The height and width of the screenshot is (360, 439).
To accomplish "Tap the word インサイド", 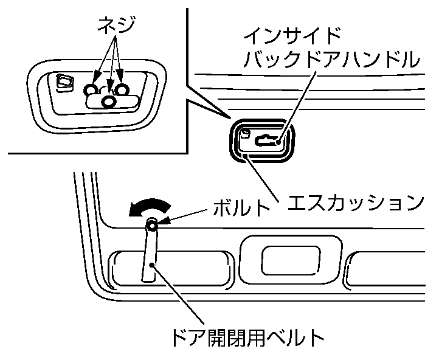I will (291, 34).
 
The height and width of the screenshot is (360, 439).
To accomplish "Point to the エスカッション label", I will (355, 201).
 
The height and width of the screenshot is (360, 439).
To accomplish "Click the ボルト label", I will (241, 209).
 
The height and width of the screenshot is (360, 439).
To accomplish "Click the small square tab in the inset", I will (63, 81).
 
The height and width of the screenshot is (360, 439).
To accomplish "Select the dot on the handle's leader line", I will (278, 144).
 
